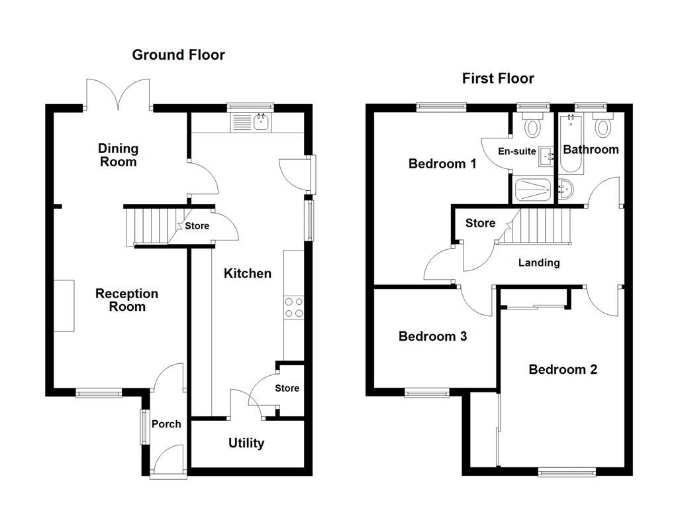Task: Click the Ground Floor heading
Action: tap(178, 55)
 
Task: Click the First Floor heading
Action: tap(498, 79)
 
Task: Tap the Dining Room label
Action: tap(118, 155)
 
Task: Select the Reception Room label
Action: tap(126, 300)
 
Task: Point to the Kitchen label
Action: tap(247, 273)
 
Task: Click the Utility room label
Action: tap(246, 443)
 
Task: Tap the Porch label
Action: tap(166, 424)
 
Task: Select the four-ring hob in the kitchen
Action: tap(294, 308)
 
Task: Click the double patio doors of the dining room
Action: tap(119, 95)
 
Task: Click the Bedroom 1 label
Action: tap(442, 164)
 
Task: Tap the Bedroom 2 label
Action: tap(563, 370)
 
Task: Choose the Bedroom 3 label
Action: tap(432, 337)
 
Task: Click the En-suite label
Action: tap(517, 151)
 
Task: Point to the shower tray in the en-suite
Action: tap(533, 190)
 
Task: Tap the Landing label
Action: tap(538, 263)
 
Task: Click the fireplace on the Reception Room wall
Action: tap(64, 306)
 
